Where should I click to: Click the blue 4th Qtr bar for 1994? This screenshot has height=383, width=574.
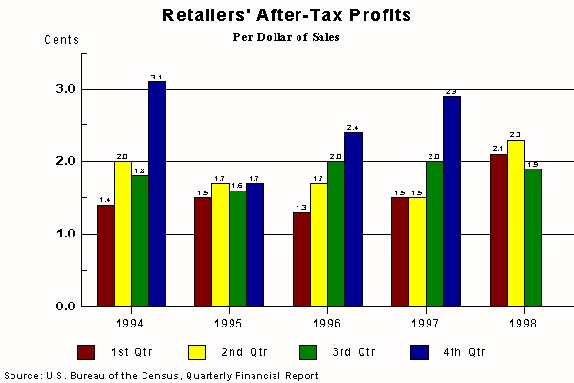[157, 193]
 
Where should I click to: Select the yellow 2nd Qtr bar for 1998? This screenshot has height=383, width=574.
[516, 223]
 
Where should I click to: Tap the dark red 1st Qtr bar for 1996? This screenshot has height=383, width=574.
[301, 259]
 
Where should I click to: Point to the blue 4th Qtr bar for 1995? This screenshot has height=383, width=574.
[254, 244]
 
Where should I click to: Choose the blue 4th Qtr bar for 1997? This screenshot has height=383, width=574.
[452, 201]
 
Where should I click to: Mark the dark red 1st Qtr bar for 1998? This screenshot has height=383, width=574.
[498, 230]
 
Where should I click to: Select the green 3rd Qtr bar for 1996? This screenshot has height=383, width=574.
[336, 234]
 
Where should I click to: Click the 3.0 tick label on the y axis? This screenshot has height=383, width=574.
[65, 89]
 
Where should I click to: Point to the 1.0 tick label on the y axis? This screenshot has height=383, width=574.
[65, 234]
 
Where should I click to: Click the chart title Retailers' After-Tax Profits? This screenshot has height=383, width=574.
[287, 15]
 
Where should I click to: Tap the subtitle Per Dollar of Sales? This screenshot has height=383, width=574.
[287, 38]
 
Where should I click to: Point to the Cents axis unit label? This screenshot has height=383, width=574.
[62, 40]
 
